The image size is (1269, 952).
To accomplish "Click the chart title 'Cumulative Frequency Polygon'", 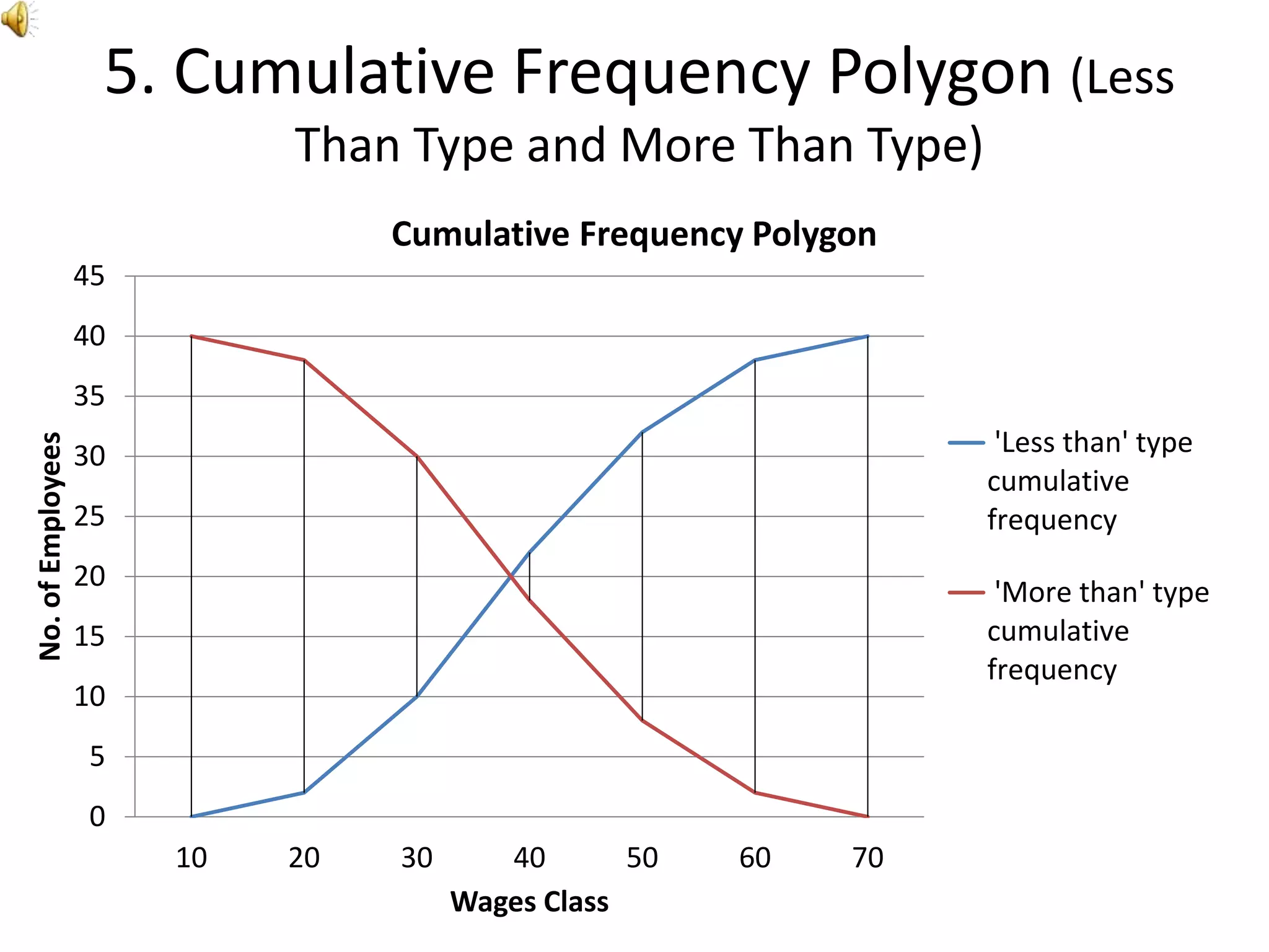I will pos(634,234).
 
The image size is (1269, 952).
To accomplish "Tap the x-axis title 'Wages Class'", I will pos(529,902).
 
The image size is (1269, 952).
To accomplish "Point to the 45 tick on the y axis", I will pos(89,276).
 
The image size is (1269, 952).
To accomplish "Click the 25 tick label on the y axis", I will pos(89,516).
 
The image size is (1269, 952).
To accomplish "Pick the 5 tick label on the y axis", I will pos(97,757).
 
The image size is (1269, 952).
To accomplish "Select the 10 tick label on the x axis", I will pos(191,858).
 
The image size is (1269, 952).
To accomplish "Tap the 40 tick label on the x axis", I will pos(529,858).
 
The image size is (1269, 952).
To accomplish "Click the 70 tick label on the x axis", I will pos(867,858).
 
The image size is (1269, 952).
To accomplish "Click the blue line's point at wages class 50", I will pos(642,432).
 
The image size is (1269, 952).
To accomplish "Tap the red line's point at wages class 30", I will pos(417,456).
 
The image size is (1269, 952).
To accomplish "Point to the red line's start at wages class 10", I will pos(191,336).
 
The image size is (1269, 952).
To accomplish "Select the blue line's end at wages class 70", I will pos(867,336).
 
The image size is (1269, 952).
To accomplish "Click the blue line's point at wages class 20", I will pos(304,792).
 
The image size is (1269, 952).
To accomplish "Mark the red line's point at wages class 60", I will pos(755,792).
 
